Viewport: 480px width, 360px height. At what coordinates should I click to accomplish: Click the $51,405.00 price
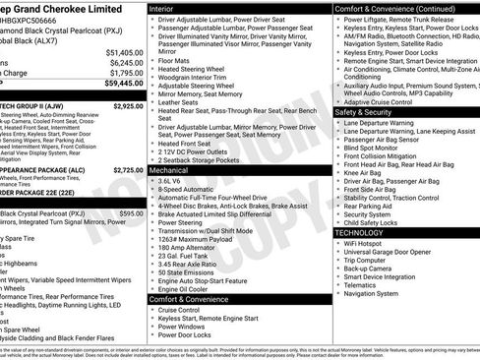tap(123, 51)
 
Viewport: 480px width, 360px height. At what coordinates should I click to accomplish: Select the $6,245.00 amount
tap(125, 61)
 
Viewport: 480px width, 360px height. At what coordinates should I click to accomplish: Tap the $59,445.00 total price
tap(122, 84)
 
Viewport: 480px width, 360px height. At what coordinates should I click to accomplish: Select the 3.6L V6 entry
tap(171, 182)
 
